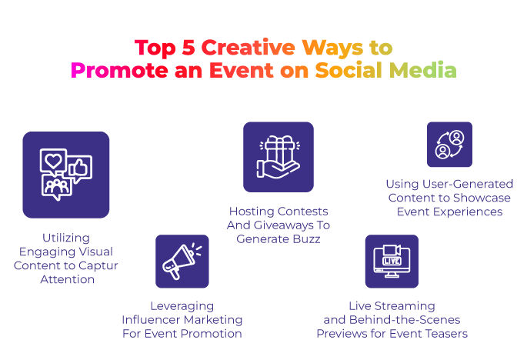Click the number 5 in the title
click(x=188, y=48)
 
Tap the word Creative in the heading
click(x=248, y=48)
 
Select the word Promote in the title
click(x=119, y=71)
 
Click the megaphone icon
click(x=182, y=262)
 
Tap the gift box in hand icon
click(x=279, y=157)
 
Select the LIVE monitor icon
click(x=392, y=262)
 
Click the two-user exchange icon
click(x=449, y=145)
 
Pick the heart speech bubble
click(x=53, y=161)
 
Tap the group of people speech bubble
click(x=57, y=187)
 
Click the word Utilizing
click(x=66, y=238)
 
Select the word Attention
click(x=67, y=279)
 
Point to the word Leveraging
click(x=182, y=306)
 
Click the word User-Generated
click(x=468, y=184)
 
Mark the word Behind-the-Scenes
click(x=405, y=320)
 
